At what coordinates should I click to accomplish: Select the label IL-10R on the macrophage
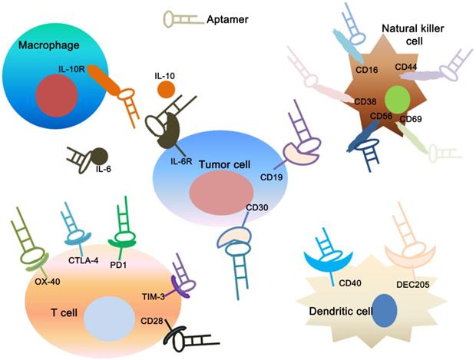click(x=71, y=69)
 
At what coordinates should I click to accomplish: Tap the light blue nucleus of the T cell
click(x=102, y=316)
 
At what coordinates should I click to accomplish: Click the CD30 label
click(x=258, y=208)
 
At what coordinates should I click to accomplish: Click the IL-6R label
click(x=180, y=160)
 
